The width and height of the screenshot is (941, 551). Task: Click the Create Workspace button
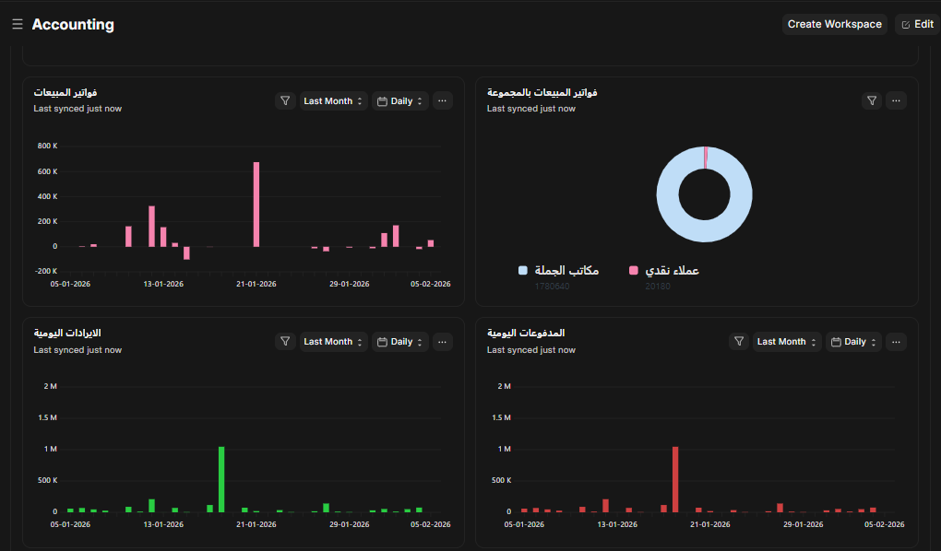pyautogui.click(x=834, y=24)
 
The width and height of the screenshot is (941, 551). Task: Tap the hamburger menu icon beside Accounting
pyautogui.click(x=18, y=24)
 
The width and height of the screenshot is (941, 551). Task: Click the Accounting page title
pyautogui.click(x=73, y=25)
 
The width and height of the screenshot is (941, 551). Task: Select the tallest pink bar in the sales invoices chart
pyautogui.click(x=256, y=204)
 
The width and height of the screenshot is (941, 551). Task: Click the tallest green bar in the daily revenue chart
pyautogui.click(x=221, y=479)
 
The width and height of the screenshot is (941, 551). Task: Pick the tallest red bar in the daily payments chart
pyautogui.click(x=675, y=479)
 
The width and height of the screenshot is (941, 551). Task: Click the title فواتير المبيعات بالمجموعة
pyautogui.click(x=542, y=93)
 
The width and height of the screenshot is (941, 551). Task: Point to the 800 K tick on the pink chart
pyautogui.click(x=48, y=147)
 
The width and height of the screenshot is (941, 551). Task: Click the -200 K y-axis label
pyautogui.click(x=46, y=271)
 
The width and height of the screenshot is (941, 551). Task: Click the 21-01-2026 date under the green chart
pyautogui.click(x=256, y=524)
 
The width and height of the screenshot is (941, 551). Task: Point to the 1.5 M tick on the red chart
pyautogui.click(x=503, y=417)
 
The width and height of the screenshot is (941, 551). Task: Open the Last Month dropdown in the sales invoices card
pyautogui.click(x=333, y=101)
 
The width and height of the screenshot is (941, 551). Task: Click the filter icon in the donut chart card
pyautogui.click(x=872, y=101)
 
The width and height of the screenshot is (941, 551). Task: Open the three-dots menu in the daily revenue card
pyautogui.click(x=443, y=342)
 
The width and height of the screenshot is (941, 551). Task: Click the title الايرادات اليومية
pyautogui.click(x=66, y=333)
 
